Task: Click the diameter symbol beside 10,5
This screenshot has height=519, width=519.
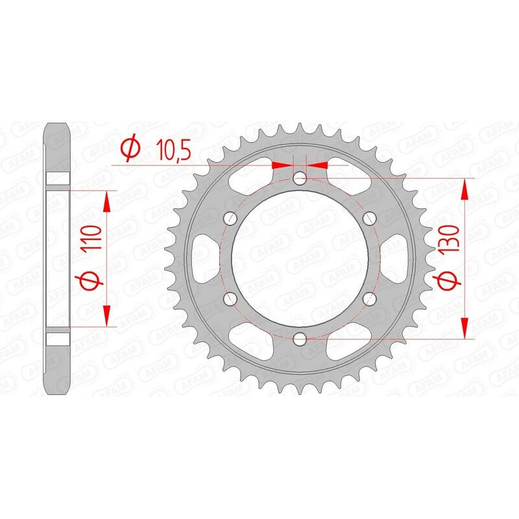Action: click(x=130, y=149)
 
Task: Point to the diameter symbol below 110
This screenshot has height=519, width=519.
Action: click(x=90, y=281)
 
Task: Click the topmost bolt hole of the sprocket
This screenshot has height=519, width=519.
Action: click(x=299, y=178)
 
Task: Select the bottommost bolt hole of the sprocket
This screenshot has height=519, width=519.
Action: click(x=299, y=339)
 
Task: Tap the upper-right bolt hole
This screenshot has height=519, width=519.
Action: click(x=369, y=217)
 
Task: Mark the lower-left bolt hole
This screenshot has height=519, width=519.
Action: click(x=229, y=298)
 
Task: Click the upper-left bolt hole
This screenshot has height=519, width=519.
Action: click(x=229, y=218)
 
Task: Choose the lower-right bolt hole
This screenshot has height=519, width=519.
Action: click(x=369, y=298)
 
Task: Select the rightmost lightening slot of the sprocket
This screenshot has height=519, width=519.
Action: click(x=398, y=258)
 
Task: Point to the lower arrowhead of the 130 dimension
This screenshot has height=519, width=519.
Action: click(x=465, y=328)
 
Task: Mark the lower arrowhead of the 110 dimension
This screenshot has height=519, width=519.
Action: click(x=108, y=315)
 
